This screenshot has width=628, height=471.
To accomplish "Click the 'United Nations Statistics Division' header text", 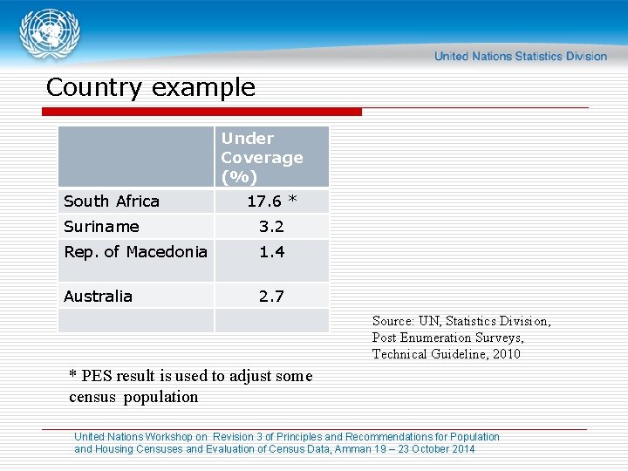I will (520, 56).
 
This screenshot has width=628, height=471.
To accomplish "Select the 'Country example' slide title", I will (150, 87).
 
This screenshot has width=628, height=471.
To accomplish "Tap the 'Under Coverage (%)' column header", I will (262, 157).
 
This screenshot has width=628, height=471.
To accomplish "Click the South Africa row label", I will (112, 201).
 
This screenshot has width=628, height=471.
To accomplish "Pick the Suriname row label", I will (101, 227).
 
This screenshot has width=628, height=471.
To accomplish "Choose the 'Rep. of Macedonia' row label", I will (135, 252).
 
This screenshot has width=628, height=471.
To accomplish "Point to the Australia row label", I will (98, 297).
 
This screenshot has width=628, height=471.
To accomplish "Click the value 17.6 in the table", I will (264, 201).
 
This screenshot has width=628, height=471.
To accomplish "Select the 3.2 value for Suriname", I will (271, 227).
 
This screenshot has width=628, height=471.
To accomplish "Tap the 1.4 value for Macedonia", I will (271, 252).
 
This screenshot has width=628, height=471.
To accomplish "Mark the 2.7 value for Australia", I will (271, 297).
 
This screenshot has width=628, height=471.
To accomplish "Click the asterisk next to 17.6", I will (293, 201).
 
